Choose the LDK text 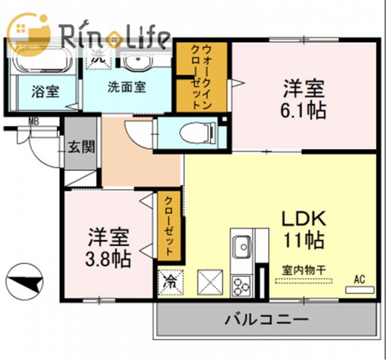coord(303,219)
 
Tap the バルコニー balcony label coord(266,320)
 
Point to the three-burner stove coord(242,285)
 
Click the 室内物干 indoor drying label coord(298,270)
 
